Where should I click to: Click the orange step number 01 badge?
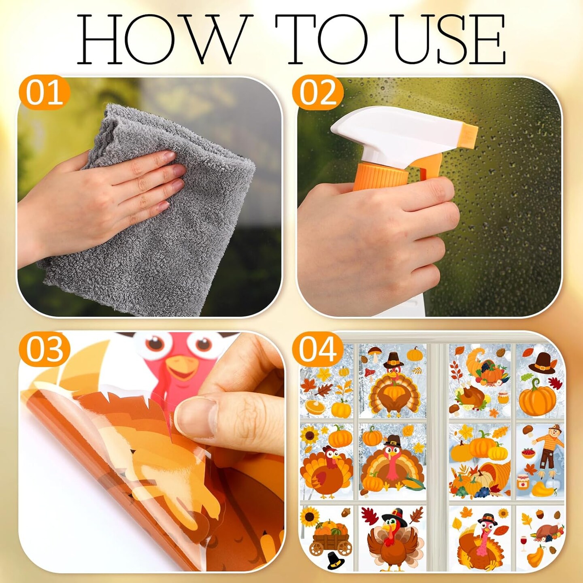point(45,93)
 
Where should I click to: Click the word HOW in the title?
point(164,39)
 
